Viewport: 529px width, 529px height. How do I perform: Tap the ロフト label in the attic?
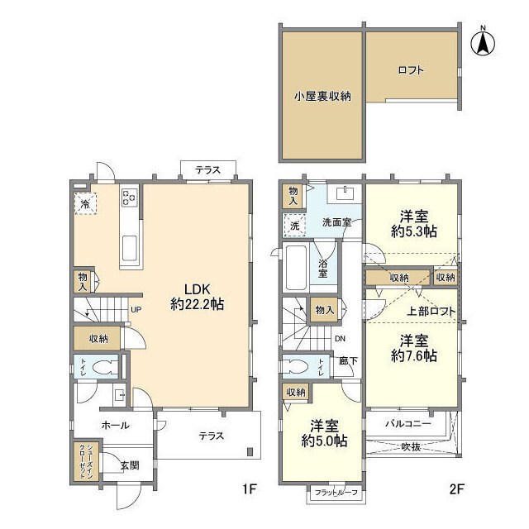410,70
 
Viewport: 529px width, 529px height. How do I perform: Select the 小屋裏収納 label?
322,96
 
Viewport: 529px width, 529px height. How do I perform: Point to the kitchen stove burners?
130,198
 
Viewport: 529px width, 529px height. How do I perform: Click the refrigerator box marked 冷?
85,203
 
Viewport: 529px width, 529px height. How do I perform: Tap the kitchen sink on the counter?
130,247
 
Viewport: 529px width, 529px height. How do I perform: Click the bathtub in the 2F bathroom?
296,266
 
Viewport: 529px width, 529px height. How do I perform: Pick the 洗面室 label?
337,222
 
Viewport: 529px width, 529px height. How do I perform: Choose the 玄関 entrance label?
129,465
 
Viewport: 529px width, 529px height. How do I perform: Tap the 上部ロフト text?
430,312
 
